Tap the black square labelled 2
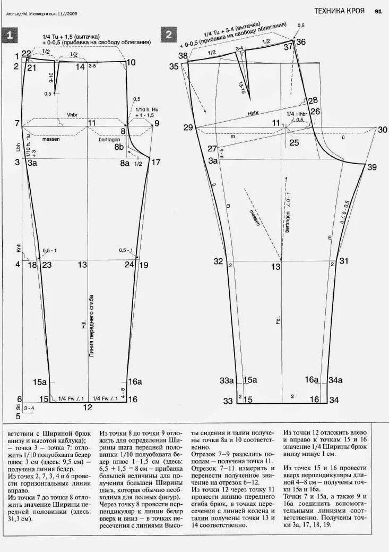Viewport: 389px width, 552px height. (169, 36)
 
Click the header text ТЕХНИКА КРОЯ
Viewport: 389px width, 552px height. (339, 11)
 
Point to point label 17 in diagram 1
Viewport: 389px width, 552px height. (155, 163)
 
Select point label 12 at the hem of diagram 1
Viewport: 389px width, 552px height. (88, 407)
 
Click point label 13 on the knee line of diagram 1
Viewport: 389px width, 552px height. (82, 265)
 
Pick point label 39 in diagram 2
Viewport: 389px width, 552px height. (371, 167)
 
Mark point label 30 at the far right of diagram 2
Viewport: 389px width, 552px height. (383, 130)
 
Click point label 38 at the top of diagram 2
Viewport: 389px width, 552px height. (183, 56)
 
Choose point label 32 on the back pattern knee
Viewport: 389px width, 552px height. (218, 261)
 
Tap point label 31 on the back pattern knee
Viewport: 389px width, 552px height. (344, 261)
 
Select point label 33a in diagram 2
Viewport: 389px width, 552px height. (227, 380)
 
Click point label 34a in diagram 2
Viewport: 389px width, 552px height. (335, 380)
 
